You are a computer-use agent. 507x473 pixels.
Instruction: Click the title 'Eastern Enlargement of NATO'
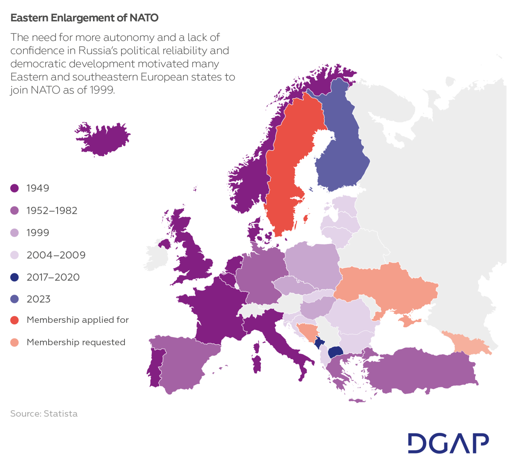(84, 18)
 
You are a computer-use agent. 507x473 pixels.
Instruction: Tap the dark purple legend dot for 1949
(15, 188)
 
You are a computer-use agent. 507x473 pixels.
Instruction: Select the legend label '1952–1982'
(52, 211)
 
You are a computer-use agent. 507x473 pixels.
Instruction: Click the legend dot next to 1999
(15, 233)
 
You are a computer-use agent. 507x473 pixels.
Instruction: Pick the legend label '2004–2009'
(56, 255)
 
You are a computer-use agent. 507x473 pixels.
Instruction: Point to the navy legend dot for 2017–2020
(15, 277)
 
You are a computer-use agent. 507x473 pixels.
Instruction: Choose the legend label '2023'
(38, 299)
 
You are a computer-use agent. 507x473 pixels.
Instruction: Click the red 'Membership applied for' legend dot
(15, 320)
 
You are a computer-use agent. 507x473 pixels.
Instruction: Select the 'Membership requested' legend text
(76, 342)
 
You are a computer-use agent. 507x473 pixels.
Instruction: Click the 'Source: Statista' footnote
(44, 413)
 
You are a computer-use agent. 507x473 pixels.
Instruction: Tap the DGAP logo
(448, 443)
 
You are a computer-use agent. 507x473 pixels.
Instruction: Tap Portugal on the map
(155, 367)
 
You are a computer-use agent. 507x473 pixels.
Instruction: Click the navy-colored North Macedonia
(336, 351)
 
